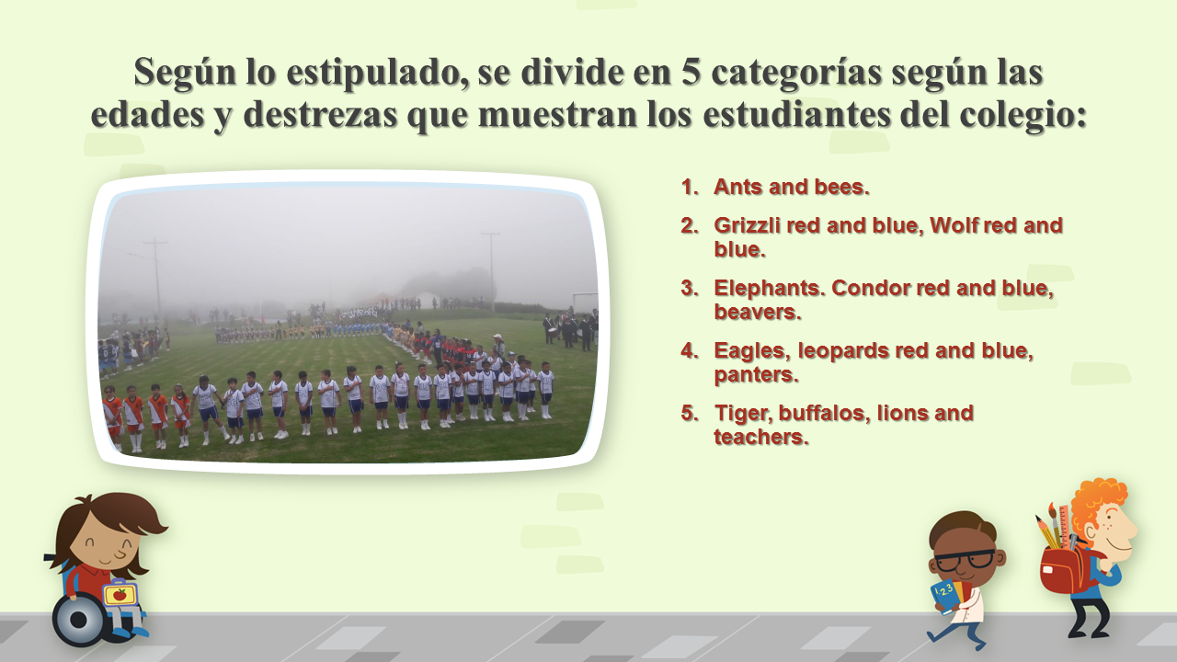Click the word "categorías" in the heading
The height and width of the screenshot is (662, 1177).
[796, 73]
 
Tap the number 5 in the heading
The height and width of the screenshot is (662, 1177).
[691, 71]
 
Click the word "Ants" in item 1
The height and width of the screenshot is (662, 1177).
[737, 187]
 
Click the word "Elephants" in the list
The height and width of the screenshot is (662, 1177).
[769, 289]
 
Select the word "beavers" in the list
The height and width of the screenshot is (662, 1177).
[757, 312]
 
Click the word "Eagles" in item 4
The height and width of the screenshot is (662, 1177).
[752, 351]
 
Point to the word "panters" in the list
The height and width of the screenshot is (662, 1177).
[756, 375]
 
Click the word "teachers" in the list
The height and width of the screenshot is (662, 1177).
[760, 437]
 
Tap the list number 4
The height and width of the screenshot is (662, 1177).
[690, 351]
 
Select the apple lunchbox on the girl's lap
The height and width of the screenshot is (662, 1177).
[120, 593]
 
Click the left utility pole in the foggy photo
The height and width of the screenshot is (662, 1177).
[156, 278]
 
